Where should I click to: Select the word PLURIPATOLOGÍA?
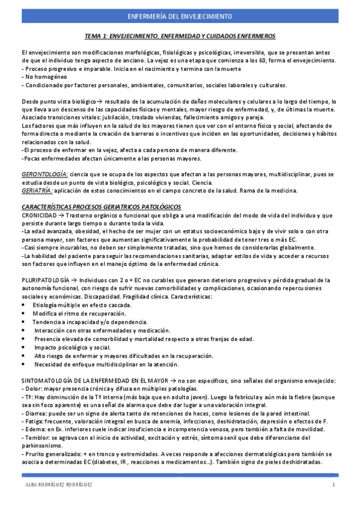(x=44, y=280)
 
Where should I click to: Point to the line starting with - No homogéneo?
(x=39, y=76)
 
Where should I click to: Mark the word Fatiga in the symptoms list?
(x=35, y=421)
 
